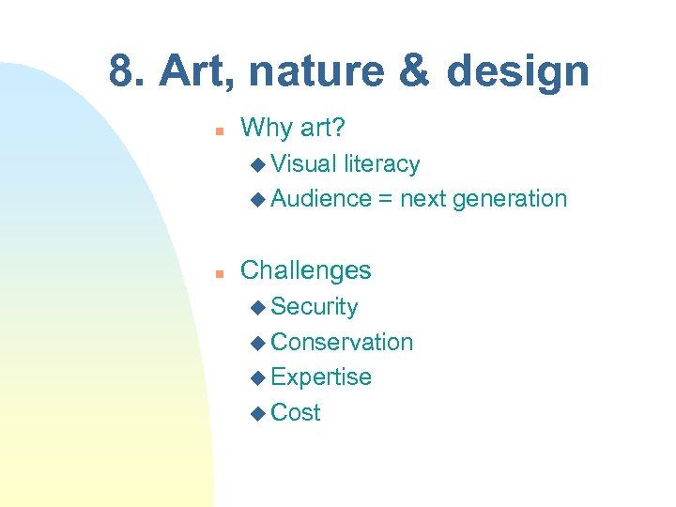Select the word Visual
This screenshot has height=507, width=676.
[x=303, y=164]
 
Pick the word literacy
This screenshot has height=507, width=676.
[x=381, y=165]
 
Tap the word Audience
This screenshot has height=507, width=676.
[x=321, y=199]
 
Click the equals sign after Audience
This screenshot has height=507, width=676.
[x=386, y=200]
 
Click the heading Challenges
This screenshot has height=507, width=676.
[x=306, y=271]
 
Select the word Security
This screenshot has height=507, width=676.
[x=315, y=307]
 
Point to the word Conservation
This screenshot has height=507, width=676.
[x=342, y=342]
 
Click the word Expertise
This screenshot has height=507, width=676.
[x=321, y=377]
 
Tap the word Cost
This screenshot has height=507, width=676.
[x=296, y=413]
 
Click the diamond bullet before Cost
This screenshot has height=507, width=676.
[x=258, y=414]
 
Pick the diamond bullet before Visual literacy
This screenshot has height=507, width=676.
[x=258, y=165]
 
